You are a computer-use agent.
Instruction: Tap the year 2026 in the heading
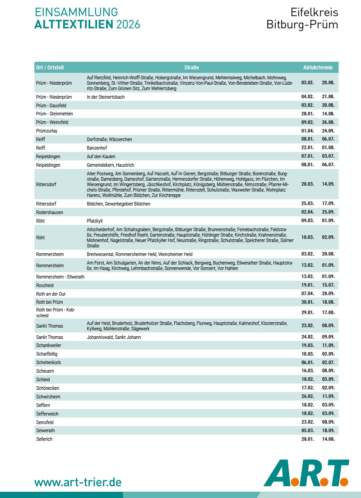pyautogui.click(x=128, y=24)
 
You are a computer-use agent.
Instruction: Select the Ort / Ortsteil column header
pyautogui.click(x=50, y=68)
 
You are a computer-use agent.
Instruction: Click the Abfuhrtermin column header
pyautogui.click(x=318, y=68)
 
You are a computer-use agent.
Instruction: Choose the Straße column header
pyautogui.click(x=191, y=68)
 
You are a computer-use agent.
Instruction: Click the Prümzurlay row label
pyautogui.click(x=46, y=131)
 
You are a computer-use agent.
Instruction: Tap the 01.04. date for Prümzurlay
pyautogui.click(x=307, y=131)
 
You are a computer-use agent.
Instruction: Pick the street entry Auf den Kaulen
pyautogui.click(x=102, y=156)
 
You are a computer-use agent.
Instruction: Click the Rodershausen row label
pyautogui.click(x=50, y=212)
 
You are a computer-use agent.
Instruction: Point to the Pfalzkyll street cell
pyautogui.click(x=95, y=221)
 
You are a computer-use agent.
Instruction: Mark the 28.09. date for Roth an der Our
pyautogui.click(x=328, y=293)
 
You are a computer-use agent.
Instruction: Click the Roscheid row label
pyautogui.click(x=45, y=285)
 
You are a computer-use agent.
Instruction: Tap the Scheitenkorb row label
pyautogui.click(x=48, y=362)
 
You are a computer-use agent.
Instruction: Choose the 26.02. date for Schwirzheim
pyautogui.click(x=307, y=397)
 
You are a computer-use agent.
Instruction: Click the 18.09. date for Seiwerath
pyautogui.click(x=328, y=430)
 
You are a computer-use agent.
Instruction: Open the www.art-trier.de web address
pyautogui.click(x=78, y=482)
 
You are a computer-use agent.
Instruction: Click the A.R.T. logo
pyautogui.click(x=306, y=473)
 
